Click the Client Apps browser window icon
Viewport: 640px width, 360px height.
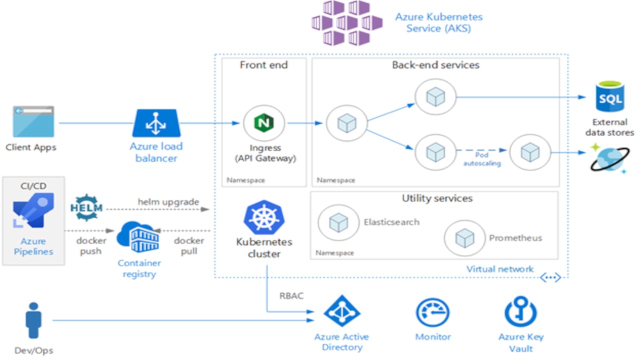(x=33, y=121)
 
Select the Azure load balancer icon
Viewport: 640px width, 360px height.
(x=156, y=123)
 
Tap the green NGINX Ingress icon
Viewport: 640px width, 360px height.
(x=263, y=122)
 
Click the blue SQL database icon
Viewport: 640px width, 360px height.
(x=609, y=97)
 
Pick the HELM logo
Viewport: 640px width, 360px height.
(x=87, y=207)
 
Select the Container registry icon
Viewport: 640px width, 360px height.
(x=138, y=238)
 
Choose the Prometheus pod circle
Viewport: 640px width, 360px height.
(x=464, y=238)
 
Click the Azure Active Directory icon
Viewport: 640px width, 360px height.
(x=342, y=311)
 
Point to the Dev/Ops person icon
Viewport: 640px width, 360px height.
(x=33, y=320)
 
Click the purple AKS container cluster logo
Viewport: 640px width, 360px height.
(x=346, y=22)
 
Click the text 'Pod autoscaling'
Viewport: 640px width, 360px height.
(x=482, y=159)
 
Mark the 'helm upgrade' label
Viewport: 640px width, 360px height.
(x=168, y=202)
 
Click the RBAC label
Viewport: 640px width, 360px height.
(x=291, y=296)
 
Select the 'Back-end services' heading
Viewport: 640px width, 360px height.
(x=435, y=65)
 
